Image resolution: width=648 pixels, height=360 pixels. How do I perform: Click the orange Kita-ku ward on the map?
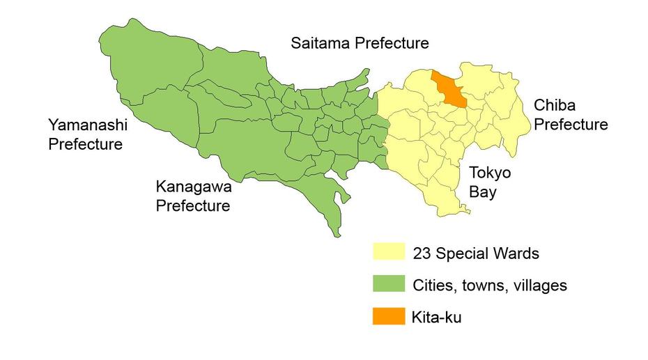pos(450,88)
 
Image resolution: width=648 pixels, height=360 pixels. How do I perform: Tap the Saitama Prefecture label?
pos(359,44)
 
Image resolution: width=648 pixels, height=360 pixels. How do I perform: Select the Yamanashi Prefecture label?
pos(85,134)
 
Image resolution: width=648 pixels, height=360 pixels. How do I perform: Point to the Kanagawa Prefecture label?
pos(193,196)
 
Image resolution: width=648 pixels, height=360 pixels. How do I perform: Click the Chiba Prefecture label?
pos(571,115)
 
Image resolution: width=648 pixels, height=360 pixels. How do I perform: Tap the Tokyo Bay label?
pos(489,182)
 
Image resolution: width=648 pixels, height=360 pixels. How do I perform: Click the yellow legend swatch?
pos(388,253)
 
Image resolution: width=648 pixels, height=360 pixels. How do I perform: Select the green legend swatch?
pos(388,285)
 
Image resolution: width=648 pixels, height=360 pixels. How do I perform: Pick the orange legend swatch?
pos(388,317)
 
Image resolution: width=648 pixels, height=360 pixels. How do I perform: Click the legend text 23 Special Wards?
pos(475,253)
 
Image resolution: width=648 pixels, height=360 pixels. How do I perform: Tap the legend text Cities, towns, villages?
pos(489,285)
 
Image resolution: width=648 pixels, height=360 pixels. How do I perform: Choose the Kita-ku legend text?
pos(437,318)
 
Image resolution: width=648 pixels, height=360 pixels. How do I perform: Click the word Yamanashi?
pos(85,125)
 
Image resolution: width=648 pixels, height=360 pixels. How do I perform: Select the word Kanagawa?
pos(193,187)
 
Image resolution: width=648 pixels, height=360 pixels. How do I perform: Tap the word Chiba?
pos(553,106)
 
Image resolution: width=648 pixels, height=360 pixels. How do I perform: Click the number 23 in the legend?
pos(421,253)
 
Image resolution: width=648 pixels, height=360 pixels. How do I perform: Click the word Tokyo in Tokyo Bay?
pos(490,173)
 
